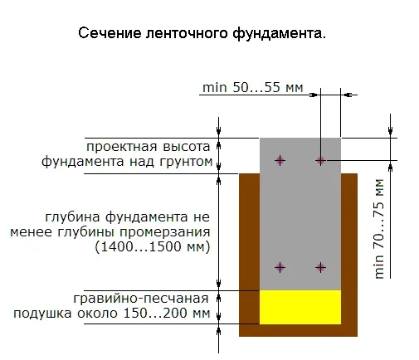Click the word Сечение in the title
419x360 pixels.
click(x=110, y=33)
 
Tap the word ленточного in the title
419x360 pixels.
click(x=188, y=33)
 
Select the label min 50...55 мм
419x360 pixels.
click(x=253, y=87)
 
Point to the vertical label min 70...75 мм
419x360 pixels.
click(x=379, y=229)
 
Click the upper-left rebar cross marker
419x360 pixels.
click(x=280, y=160)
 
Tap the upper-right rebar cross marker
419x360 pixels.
click(x=320, y=160)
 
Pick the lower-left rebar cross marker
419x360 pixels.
click(x=280, y=267)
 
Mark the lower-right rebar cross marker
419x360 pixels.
click(x=320, y=267)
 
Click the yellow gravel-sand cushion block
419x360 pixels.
click(x=300, y=307)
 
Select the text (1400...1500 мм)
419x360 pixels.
click(x=153, y=246)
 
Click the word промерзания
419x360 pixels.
click(x=164, y=232)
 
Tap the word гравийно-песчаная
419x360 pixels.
click(x=141, y=299)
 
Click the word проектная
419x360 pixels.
click(x=122, y=147)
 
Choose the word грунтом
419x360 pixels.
click(x=186, y=162)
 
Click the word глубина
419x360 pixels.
click(x=72, y=217)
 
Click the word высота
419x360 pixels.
click(x=187, y=147)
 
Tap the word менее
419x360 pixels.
click(x=31, y=232)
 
